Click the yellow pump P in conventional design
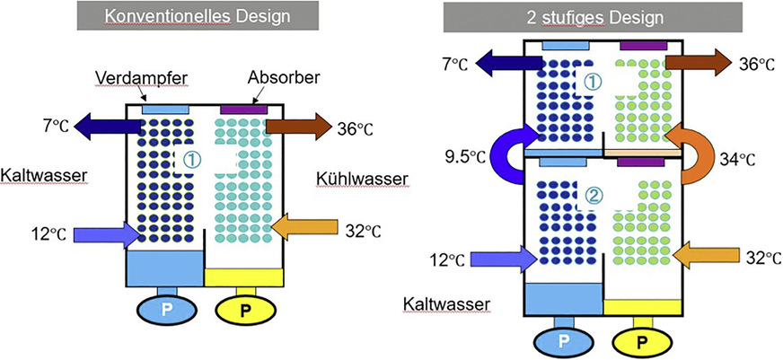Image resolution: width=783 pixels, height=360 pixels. (245, 309)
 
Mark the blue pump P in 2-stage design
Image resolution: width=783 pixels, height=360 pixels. (563, 341)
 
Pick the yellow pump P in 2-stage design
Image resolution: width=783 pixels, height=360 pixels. (641, 341)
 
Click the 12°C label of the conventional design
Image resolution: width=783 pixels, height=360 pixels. (44, 235)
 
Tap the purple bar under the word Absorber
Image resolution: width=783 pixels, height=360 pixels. (243, 109)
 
